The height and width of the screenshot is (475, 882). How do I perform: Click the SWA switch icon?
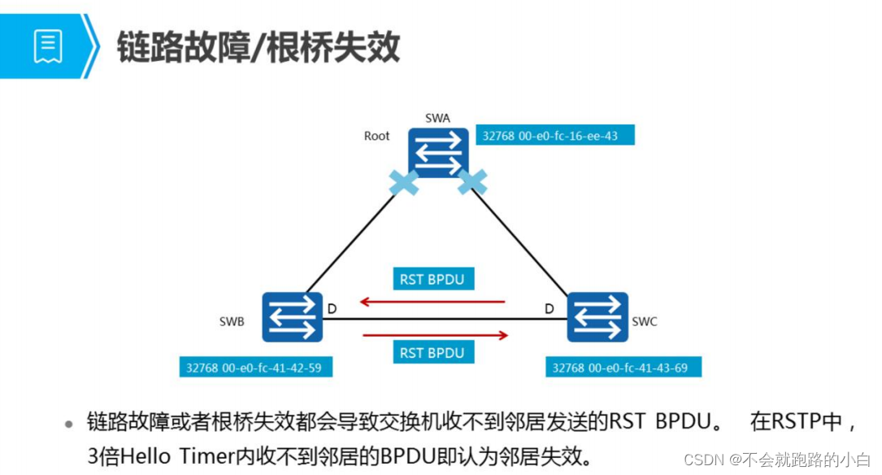(x=439, y=152)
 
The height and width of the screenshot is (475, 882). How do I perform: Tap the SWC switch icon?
(x=597, y=317)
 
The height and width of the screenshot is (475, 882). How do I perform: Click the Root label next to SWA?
(x=376, y=136)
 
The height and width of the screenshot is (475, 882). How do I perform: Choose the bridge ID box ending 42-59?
(x=256, y=368)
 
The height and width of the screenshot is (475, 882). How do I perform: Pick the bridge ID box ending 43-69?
(x=623, y=368)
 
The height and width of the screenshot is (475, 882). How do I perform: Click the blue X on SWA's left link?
(x=404, y=182)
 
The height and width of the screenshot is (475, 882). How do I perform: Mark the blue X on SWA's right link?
(x=472, y=182)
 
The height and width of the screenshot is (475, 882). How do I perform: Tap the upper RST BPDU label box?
(x=432, y=279)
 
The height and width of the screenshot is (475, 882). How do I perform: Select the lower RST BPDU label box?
(x=432, y=352)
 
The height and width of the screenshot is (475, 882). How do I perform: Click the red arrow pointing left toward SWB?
(x=432, y=302)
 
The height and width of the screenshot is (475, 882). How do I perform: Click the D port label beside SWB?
(x=332, y=309)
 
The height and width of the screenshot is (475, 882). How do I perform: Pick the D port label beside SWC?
(x=549, y=309)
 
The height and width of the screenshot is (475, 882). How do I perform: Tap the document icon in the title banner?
(x=48, y=46)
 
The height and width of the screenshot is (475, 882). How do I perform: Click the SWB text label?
(x=232, y=321)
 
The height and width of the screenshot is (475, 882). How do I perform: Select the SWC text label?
(x=645, y=321)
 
